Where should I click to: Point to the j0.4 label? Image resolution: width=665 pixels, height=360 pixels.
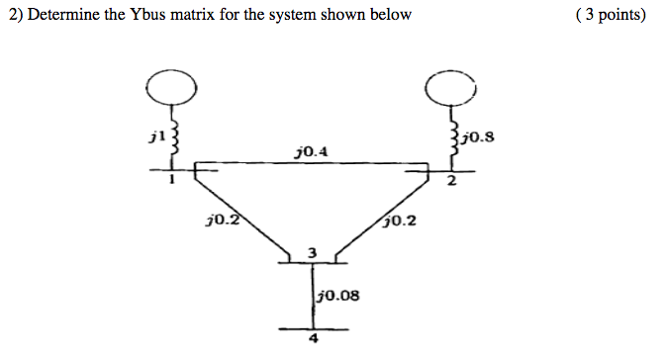pyautogui.click(x=312, y=151)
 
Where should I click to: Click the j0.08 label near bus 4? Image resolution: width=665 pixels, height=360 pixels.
pyautogui.click(x=337, y=294)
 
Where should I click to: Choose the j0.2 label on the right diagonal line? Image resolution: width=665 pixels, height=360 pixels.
pyautogui.click(x=401, y=221)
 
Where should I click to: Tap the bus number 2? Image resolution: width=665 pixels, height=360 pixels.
pyautogui.click(x=450, y=181)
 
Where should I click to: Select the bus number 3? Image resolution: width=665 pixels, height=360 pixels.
pyautogui.click(x=312, y=253)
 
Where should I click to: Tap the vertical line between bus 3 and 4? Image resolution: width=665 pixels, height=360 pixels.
pyautogui.click(x=312, y=297)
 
